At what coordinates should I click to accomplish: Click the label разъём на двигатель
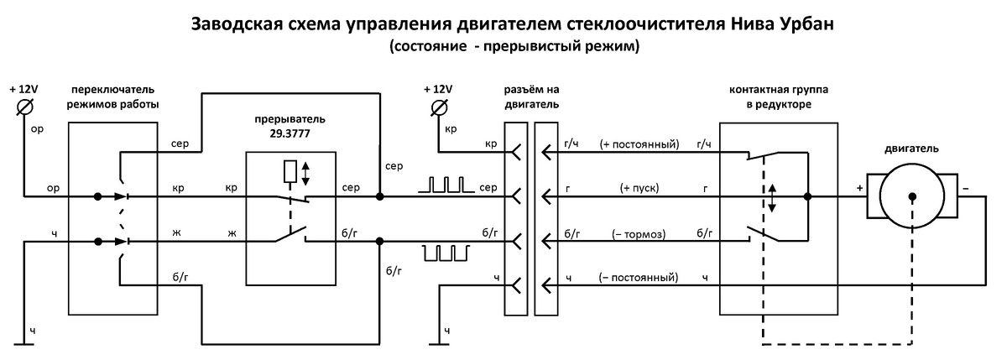pyautogui.click(x=531, y=97)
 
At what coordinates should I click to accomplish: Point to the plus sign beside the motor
pyautogui.click(x=859, y=190)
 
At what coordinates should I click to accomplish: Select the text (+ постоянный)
pyautogui.click(x=639, y=144)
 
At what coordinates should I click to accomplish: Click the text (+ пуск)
pyautogui.click(x=639, y=189)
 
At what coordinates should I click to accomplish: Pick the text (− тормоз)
pyautogui.click(x=639, y=233)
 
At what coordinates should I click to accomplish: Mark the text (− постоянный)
pyautogui.click(x=639, y=278)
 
